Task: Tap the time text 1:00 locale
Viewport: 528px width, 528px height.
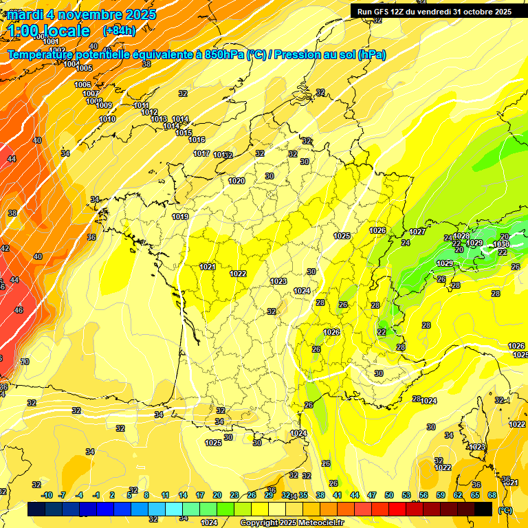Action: pyautogui.click(x=49, y=31)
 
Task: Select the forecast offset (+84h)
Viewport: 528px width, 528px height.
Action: pyautogui.click(x=118, y=31)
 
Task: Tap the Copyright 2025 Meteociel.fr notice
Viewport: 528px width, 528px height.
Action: pyautogui.click(x=291, y=523)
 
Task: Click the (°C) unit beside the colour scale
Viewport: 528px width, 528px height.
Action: pyautogui.click(x=505, y=509)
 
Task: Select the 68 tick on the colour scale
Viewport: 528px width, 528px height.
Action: pyautogui.click(x=492, y=495)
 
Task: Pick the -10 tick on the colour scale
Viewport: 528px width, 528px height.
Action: pyautogui.click(x=47, y=495)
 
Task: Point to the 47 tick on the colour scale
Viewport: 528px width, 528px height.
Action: pyautogui.click(x=372, y=495)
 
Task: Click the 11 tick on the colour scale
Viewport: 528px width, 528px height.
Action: pyautogui.click(x=165, y=495)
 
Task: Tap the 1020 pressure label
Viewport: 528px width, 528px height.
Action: pyautogui.click(x=236, y=181)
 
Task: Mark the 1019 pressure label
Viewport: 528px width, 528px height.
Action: pyautogui.click(x=180, y=217)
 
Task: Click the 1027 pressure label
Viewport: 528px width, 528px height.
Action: pyautogui.click(x=417, y=232)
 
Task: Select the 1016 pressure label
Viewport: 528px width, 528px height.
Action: pyautogui.click(x=197, y=140)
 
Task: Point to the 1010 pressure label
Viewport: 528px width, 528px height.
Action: pyautogui.click(x=107, y=119)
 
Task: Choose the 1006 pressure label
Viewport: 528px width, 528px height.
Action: pyautogui.click(x=82, y=85)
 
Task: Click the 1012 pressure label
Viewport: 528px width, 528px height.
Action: pyautogui.click(x=149, y=112)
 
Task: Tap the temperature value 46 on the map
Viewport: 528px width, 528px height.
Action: pyautogui.click(x=19, y=310)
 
